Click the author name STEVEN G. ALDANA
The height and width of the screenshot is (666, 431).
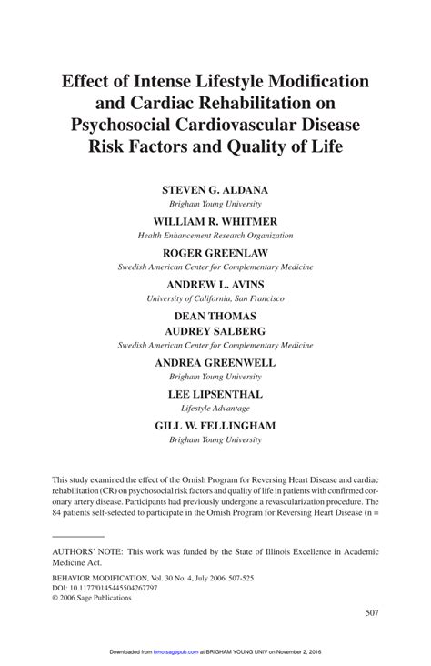215,190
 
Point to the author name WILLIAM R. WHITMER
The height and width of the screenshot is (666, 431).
215,221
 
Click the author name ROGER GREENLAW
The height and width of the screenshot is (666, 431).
215,252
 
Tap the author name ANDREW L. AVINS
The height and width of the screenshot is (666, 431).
215,284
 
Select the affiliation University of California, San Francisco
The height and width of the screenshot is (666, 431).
215,298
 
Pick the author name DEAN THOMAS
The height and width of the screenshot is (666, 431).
215,316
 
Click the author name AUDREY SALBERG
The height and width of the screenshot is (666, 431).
215,331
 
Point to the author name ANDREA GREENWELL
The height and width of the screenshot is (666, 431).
215,362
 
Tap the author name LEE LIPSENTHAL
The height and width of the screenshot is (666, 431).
215,394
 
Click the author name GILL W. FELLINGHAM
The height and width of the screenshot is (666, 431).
215,425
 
